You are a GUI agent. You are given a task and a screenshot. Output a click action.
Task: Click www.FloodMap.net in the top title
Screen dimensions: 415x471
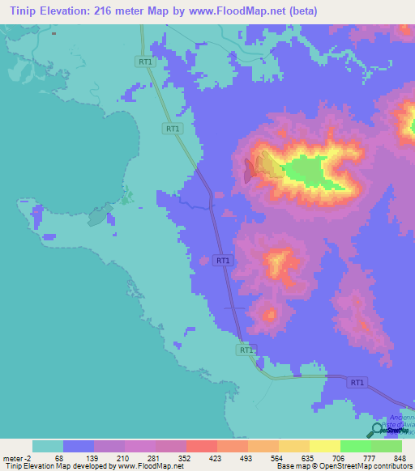pyautogui.click(x=239, y=11)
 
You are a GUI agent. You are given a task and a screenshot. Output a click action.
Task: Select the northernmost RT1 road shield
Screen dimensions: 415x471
pyautogui.click(x=145, y=62)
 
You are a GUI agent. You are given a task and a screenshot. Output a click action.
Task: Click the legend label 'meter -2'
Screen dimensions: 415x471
pyautogui.click(x=16, y=457)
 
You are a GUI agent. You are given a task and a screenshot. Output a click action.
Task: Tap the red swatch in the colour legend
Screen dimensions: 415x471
pyautogui.click(x=201, y=446)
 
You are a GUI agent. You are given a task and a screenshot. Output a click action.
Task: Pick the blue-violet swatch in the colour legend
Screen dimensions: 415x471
pyautogui.click(x=79, y=446)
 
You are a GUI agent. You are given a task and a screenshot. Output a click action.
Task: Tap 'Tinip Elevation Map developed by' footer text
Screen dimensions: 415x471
pyautogui.click(x=58, y=466)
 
